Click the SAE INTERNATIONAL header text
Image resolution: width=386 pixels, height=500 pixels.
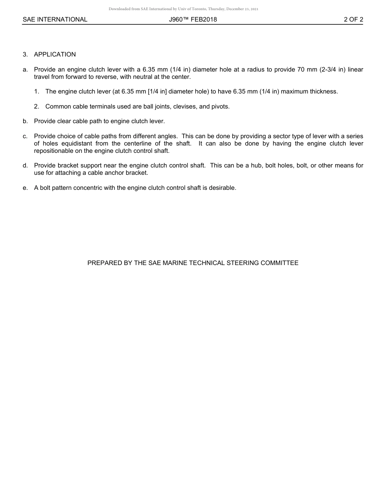pyautogui.click(x=55, y=20)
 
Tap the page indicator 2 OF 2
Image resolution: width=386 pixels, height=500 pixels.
pyautogui.click(x=353, y=20)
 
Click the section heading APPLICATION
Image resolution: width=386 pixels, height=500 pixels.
pyautogui.click(x=55, y=54)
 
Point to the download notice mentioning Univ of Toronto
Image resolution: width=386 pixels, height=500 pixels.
pyautogui.click(x=183, y=9)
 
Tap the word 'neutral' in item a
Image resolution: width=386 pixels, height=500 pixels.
pyautogui.click(x=132, y=77)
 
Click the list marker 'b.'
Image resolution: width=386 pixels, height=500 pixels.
pyautogui.click(x=25, y=121)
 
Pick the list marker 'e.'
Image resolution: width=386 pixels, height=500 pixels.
pyautogui.click(x=25, y=188)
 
